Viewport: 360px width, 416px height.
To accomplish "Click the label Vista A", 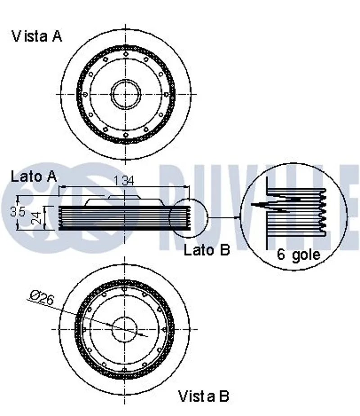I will (x=37, y=36).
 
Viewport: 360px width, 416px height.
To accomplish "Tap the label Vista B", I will (x=204, y=396).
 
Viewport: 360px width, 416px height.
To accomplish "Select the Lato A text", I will (x=34, y=176).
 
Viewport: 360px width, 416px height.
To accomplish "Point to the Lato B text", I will (x=207, y=250).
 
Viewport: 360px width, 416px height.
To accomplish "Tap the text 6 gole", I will (x=298, y=255).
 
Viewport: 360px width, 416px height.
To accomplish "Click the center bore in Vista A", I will (x=126, y=94).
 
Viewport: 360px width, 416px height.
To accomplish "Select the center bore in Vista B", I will (x=125, y=330).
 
